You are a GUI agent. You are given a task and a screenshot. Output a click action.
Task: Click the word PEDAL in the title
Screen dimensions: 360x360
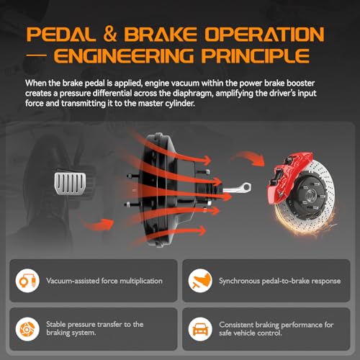tap(60, 34)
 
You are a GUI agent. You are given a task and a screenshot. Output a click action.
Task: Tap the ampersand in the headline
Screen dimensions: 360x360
tap(109, 34)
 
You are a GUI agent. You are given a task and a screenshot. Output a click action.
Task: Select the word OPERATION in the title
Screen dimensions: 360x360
tap(264, 34)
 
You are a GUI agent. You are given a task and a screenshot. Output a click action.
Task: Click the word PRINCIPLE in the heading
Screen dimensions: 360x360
tap(256, 55)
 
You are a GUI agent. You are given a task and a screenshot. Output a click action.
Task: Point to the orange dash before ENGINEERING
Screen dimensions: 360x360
tap(36, 55)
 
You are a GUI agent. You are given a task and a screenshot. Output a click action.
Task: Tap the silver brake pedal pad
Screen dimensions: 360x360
tap(70, 183)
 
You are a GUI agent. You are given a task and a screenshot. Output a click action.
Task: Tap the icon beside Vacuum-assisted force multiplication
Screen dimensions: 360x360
tap(27, 281)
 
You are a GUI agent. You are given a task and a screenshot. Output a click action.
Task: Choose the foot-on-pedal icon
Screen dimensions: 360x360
tap(200, 281)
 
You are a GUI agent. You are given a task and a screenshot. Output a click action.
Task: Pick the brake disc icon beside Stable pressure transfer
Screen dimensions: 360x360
tap(27, 329)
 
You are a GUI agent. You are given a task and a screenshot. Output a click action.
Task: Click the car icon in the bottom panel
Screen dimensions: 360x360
tap(200, 329)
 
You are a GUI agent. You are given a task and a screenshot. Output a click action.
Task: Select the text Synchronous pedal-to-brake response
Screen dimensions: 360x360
tap(280, 281)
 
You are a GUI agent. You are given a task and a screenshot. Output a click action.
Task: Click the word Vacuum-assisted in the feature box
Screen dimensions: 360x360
tap(73, 281)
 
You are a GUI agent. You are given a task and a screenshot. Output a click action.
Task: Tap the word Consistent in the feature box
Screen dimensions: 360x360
tap(235, 325)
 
